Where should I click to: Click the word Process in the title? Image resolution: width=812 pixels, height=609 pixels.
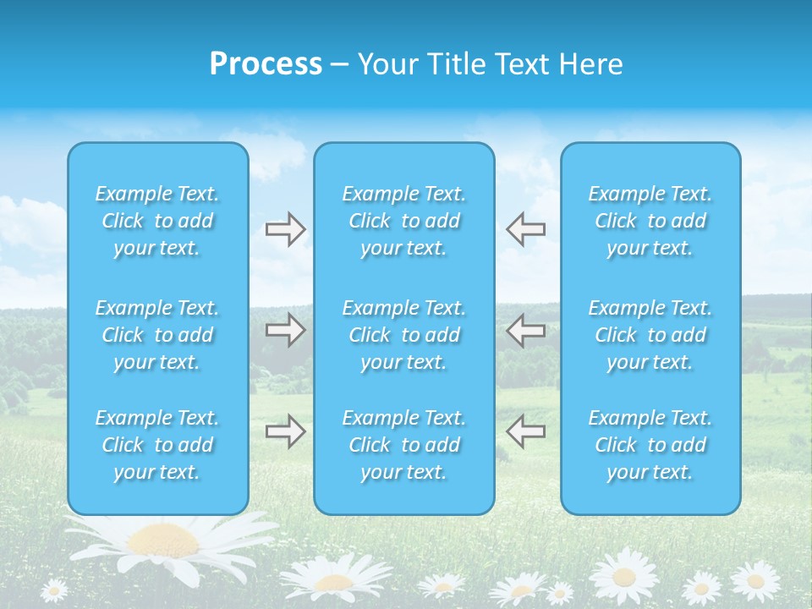point(266,64)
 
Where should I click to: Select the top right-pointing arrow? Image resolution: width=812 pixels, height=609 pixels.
point(285,229)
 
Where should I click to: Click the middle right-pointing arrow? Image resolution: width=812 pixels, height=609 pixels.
point(285,330)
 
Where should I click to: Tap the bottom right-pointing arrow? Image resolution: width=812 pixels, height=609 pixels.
point(285,431)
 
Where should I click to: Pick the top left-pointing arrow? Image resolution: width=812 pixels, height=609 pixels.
point(525,229)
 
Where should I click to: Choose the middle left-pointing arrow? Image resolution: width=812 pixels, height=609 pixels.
point(525,330)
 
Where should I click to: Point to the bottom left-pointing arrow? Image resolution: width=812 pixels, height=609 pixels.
point(525,431)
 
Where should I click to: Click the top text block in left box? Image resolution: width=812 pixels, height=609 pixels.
point(157,221)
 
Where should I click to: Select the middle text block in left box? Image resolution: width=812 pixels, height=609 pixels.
point(157,335)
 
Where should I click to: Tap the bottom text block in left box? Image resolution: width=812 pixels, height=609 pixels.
point(157,445)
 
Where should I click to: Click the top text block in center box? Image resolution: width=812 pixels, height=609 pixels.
point(404,221)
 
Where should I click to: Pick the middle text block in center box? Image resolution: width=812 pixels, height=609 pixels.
point(404,335)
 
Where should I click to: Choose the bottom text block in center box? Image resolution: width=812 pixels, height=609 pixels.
point(404,445)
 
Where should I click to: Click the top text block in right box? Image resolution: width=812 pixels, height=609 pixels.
point(650,221)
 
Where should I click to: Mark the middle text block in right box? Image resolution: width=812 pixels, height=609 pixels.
point(650,335)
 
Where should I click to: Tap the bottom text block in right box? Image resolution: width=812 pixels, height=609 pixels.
point(650,445)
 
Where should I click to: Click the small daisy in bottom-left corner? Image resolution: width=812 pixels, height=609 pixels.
point(54,590)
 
